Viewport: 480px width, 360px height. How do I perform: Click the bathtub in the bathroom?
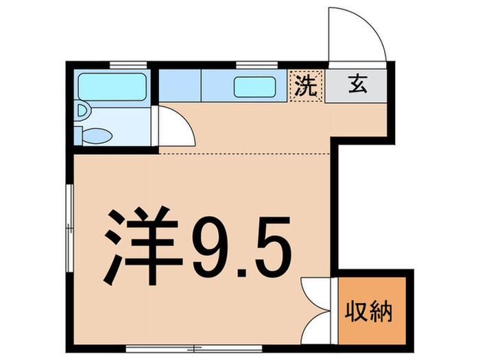112,87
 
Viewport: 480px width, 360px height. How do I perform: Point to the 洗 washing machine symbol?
306,86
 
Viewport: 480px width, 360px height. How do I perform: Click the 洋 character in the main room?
141,247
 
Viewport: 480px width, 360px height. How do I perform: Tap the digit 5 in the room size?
271,247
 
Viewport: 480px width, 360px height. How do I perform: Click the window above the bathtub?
130,65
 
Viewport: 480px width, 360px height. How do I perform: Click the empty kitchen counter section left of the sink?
180,87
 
